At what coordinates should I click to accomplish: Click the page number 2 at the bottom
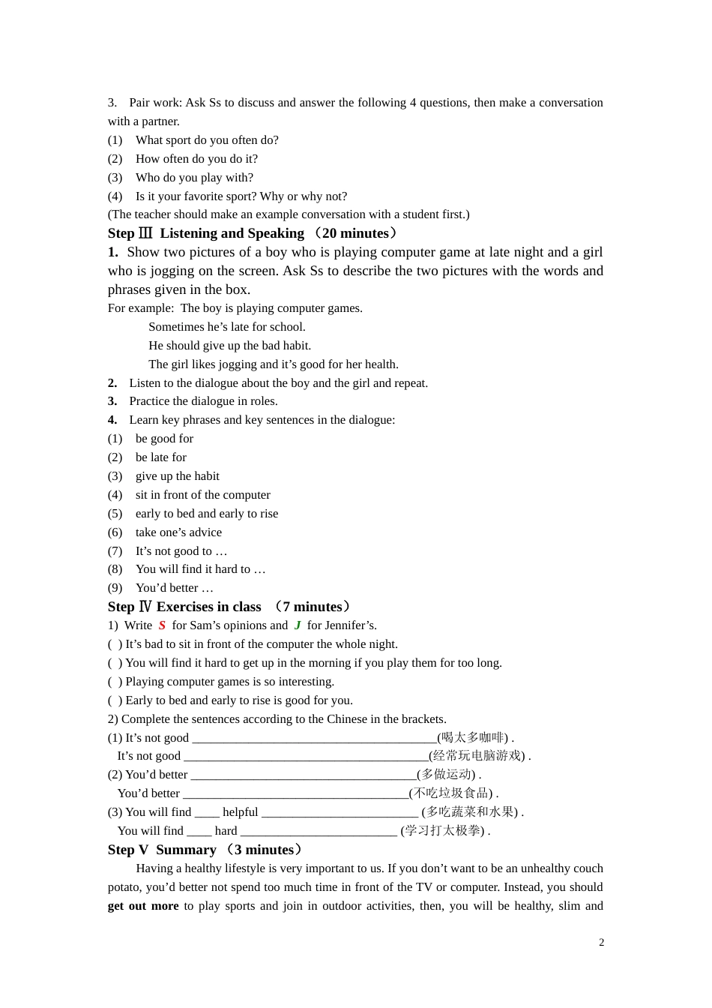[601, 942]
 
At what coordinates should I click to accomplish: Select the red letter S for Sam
[162, 625]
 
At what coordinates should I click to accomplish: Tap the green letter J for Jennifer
[298, 625]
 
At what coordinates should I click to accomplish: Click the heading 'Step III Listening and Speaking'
[252, 233]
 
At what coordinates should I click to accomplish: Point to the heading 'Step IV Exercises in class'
[229, 607]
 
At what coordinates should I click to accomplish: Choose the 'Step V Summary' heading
[205, 850]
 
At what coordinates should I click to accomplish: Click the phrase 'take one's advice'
[178, 532]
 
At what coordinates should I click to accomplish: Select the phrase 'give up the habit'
[178, 476]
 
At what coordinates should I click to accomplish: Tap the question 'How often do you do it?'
[196, 159]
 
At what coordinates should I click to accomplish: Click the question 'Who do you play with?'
[194, 178]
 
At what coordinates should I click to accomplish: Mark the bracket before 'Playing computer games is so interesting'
[115, 682]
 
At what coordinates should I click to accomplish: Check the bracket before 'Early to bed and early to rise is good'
[115, 700]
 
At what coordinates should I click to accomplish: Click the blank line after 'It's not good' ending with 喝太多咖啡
[314, 739]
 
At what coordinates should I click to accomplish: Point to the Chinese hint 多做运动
[447, 775]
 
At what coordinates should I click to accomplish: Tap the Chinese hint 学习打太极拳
[444, 831]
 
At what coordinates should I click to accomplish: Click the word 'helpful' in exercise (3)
[240, 812]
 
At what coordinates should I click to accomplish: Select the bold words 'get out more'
[143, 906]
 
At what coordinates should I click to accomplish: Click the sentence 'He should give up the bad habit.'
[229, 346]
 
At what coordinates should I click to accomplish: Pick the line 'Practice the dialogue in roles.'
[203, 401]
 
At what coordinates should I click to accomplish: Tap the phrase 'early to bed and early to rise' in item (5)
[207, 514]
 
